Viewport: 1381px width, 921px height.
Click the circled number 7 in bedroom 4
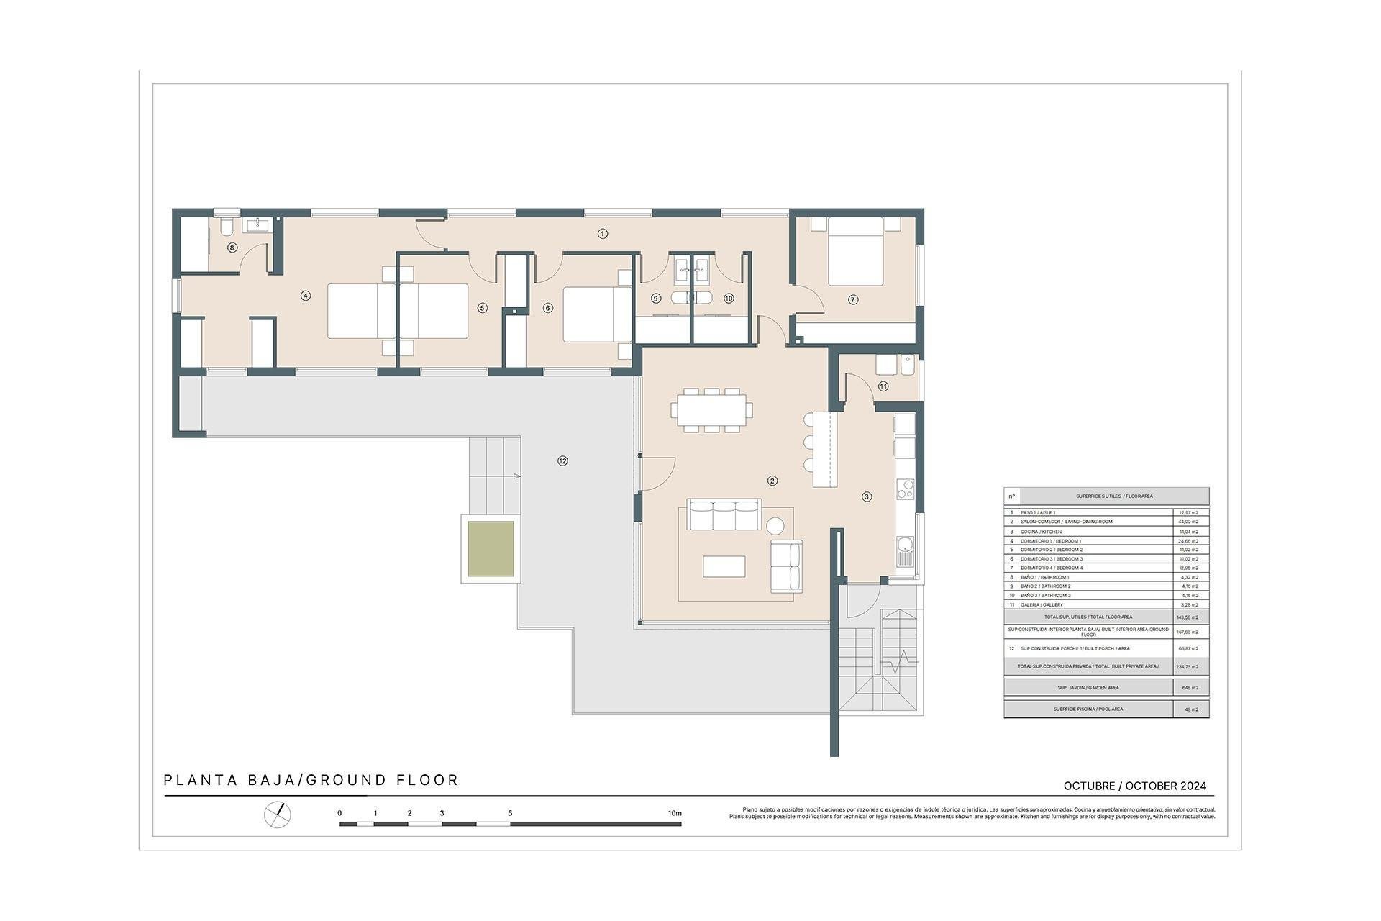point(853,299)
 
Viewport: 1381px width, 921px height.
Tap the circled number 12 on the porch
point(562,461)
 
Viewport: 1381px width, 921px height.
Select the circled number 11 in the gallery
point(883,386)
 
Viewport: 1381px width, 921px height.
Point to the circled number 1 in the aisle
point(603,233)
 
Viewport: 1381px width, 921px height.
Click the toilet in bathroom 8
point(226,227)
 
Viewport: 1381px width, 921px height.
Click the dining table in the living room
point(711,410)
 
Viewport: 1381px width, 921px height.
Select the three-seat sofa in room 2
point(724,514)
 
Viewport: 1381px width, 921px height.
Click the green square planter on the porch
point(491,549)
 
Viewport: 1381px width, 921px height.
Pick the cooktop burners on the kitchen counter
point(904,489)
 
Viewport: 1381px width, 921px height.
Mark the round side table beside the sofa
point(776,525)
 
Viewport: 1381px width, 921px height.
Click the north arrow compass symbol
point(278,814)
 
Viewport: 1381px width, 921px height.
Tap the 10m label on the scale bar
point(674,813)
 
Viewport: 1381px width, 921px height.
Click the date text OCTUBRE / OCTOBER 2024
point(1134,786)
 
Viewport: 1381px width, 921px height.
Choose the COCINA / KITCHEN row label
point(1041,532)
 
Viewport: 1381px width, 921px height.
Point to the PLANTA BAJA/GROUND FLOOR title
point(311,780)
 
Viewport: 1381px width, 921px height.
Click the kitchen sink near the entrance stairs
point(905,552)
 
